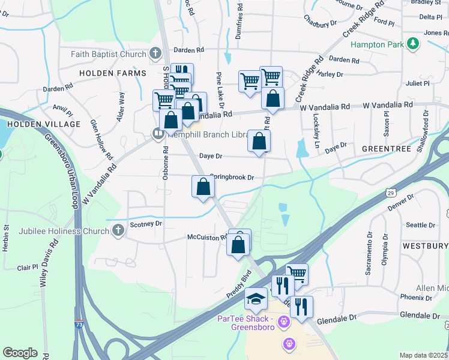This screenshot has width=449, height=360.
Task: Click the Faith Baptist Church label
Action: (108, 54)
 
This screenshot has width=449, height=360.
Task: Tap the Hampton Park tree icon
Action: (412, 43)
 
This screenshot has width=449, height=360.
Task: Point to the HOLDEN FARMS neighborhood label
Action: (113, 73)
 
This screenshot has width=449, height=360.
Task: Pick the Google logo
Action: (20, 353)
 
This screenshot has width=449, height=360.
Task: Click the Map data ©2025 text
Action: (423, 355)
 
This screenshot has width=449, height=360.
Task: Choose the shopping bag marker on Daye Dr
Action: (259, 142)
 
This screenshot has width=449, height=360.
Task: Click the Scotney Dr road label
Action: (146, 224)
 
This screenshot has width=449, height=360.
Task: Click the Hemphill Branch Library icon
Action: (158, 133)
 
